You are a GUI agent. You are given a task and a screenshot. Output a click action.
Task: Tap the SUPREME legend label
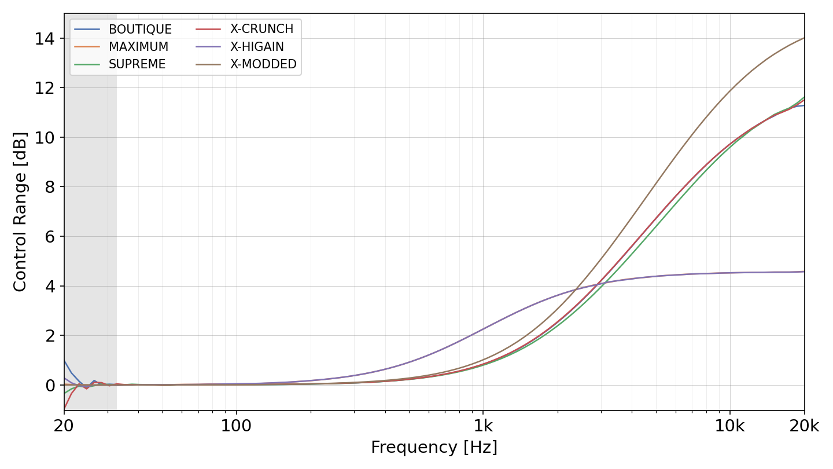[x=137, y=64]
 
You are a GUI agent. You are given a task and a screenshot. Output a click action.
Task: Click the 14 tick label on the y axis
[x=45, y=39]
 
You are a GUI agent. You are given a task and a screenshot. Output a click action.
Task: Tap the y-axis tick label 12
[x=45, y=88]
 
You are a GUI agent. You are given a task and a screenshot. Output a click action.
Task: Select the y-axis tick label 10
[x=45, y=138]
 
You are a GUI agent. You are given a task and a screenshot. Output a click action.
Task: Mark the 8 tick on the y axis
[x=50, y=187]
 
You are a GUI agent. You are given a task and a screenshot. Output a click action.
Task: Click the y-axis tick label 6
[x=50, y=237]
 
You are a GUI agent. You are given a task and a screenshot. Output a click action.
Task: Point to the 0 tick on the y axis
[x=50, y=386]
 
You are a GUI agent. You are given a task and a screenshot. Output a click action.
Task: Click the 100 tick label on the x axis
[x=236, y=426]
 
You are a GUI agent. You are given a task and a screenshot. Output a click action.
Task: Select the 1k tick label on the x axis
[x=483, y=426]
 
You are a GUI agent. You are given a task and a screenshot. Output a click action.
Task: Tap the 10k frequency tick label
[x=729, y=426]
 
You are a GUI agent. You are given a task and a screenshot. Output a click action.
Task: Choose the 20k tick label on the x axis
[x=804, y=426]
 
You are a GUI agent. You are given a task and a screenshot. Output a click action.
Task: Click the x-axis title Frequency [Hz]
[x=434, y=447]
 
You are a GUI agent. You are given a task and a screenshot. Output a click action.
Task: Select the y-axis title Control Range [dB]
[x=20, y=212]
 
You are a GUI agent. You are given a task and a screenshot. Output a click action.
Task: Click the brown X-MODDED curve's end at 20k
[x=804, y=38]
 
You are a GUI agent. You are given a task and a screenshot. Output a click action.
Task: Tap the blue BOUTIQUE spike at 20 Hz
[x=65, y=360]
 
